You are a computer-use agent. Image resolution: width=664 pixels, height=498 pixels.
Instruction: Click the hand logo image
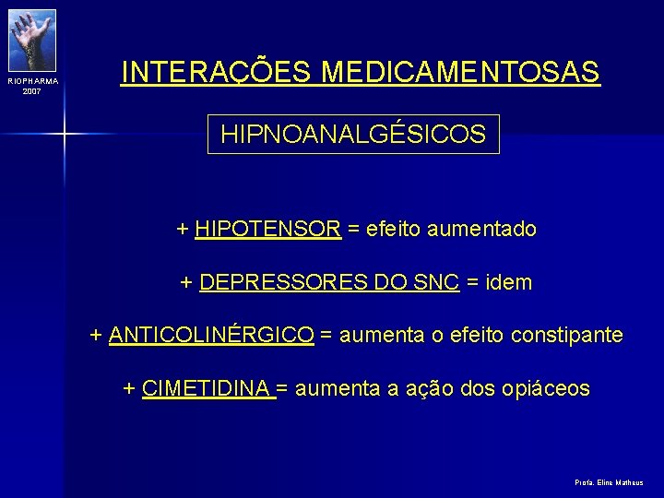(32, 39)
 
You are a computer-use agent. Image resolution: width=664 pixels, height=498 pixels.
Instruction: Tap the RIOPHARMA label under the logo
(32, 81)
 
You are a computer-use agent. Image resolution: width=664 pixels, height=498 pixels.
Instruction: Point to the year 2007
(32, 91)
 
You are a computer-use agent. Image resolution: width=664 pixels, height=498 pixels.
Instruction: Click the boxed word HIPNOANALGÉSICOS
(352, 135)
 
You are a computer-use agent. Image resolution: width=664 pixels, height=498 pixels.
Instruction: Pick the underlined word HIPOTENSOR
(268, 229)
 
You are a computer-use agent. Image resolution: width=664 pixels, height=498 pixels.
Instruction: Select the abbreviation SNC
(438, 282)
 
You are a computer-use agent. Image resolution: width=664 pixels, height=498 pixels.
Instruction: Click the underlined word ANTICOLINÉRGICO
(211, 335)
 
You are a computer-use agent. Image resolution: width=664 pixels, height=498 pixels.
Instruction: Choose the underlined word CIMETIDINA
(207, 388)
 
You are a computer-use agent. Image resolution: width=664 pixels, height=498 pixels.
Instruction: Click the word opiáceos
(546, 388)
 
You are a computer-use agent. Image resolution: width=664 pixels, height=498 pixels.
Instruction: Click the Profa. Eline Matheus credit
(609, 482)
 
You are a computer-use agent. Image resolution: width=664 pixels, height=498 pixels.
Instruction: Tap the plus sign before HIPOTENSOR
(183, 229)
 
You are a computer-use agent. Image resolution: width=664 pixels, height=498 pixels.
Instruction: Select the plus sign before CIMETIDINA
(129, 388)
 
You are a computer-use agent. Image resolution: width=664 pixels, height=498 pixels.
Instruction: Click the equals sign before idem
(472, 282)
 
